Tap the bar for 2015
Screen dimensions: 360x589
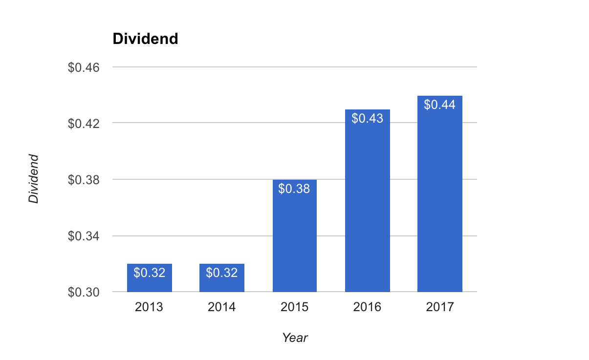(294, 239)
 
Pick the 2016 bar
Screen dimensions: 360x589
(367, 205)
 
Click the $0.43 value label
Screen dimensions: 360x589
(367, 118)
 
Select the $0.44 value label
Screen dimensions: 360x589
(439, 105)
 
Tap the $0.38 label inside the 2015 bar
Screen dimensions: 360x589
(294, 189)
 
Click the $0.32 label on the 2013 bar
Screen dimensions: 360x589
(149, 273)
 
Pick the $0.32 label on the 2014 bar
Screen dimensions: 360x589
(221, 273)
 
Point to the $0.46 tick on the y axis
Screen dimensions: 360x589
(84, 67)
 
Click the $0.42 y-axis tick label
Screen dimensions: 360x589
(84, 123)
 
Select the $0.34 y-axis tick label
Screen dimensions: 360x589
(84, 236)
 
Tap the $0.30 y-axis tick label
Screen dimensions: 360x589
(84, 292)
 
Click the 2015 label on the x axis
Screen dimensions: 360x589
(294, 307)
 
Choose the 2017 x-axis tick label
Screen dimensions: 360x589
(439, 307)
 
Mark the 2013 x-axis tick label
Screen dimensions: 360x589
(149, 307)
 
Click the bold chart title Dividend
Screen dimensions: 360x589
(145, 39)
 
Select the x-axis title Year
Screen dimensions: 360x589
(295, 338)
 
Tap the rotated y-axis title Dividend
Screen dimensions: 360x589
(33, 179)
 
